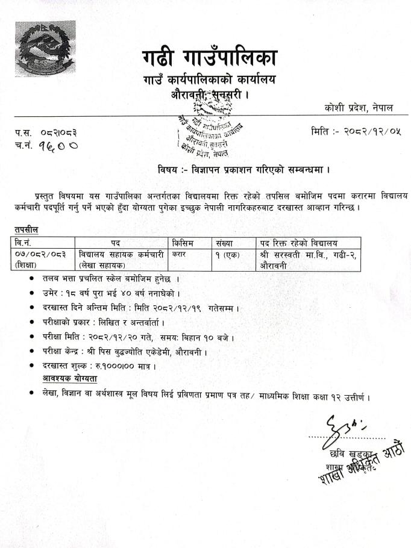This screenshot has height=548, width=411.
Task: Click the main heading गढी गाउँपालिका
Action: click(209, 58)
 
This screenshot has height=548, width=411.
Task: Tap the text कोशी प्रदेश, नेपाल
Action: click(358, 107)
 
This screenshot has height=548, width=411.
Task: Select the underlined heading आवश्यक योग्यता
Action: click(70, 379)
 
